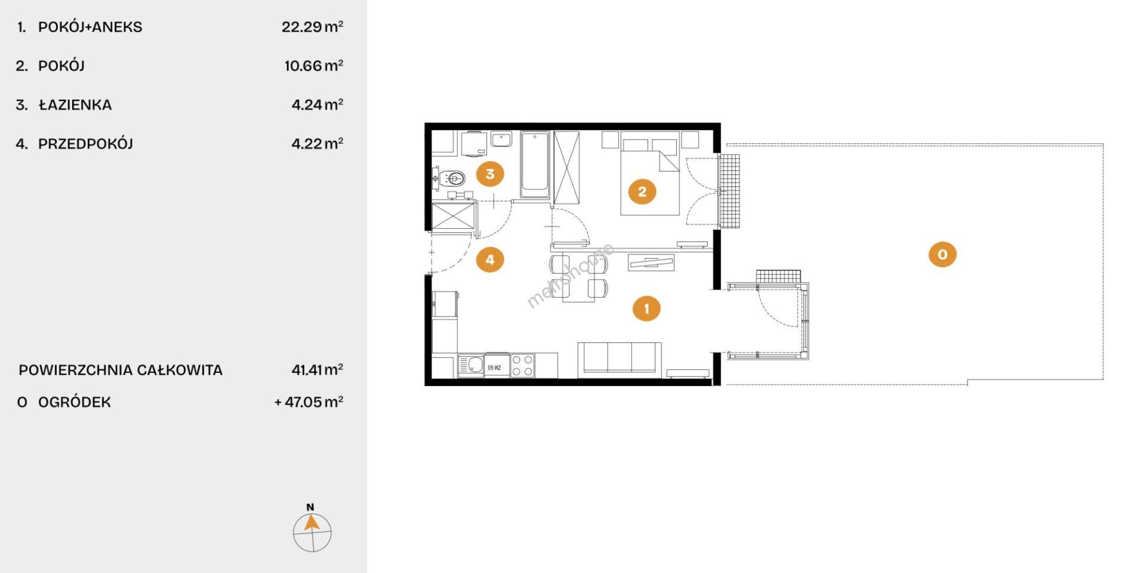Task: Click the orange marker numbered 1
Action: click(x=646, y=308)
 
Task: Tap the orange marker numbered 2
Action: click(x=642, y=191)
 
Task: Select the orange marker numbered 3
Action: click(x=490, y=174)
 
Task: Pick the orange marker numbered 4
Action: click(x=490, y=259)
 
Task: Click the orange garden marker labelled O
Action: click(x=942, y=254)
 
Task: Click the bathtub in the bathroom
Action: click(x=534, y=165)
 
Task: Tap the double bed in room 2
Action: click(x=650, y=173)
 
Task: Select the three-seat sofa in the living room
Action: click(x=620, y=360)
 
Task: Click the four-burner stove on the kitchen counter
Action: click(x=522, y=366)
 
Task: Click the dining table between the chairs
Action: click(x=578, y=278)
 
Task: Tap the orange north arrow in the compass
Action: click(x=310, y=523)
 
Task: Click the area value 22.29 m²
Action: click(x=312, y=26)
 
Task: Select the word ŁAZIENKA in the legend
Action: click(x=75, y=105)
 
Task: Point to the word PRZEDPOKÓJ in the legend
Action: click(x=85, y=144)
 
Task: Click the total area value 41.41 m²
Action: click(x=317, y=369)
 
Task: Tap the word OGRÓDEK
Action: click(x=75, y=402)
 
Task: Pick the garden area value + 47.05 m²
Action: click(x=309, y=402)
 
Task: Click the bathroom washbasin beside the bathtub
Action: click(x=501, y=139)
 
